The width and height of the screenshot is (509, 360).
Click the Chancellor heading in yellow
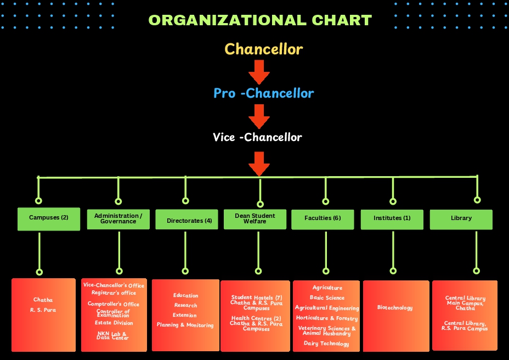(263, 49)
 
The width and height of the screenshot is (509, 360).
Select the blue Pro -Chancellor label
(263, 93)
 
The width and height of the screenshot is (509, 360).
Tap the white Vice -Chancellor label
(257, 137)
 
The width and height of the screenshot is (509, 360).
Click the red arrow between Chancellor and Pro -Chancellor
(259, 71)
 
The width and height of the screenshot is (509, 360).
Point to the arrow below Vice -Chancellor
(259, 164)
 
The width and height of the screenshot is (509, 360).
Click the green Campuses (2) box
(49, 218)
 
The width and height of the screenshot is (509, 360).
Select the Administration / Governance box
(118, 218)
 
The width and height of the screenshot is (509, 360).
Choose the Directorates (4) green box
(185, 221)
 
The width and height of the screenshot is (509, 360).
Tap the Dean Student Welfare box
(255, 219)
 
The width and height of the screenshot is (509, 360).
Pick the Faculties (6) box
(323, 218)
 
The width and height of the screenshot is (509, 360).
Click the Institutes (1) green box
(392, 218)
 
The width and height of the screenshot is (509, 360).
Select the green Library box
(461, 218)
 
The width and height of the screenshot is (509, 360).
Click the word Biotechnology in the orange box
(395, 307)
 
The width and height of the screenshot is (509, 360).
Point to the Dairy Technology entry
(326, 344)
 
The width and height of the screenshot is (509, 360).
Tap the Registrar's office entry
(114, 293)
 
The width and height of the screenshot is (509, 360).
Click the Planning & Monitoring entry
(185, 325)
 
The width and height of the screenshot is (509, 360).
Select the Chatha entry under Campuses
(43, 300)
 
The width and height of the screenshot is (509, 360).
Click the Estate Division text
(114, 323)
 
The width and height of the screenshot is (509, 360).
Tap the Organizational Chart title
(260, 20)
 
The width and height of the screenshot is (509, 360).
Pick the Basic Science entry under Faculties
(327, 298)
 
